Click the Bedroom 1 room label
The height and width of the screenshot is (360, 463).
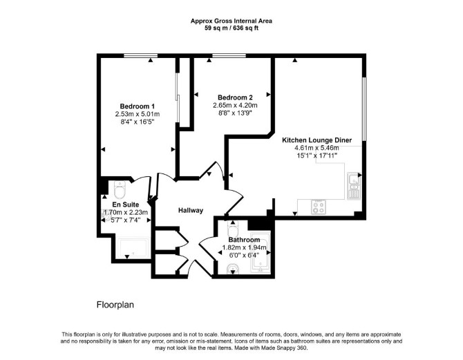(x=138, y=106)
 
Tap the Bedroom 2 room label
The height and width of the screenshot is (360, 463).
(x=235, y=97)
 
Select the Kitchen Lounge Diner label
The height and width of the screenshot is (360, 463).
(x=316, y=140)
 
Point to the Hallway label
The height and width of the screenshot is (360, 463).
(x=191, y=211)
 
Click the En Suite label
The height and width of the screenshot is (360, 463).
(x=126, y=205)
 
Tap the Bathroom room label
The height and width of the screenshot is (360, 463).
(x=244, y=240)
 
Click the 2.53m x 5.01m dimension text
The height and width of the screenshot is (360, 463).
(x=138, y=114)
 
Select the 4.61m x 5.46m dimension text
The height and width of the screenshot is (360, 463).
(x=316, y=148)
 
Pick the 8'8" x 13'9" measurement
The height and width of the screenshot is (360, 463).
(x=235, y=113)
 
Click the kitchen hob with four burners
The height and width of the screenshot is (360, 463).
(x=319, y=207)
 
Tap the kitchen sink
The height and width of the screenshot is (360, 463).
(x=354, y=186)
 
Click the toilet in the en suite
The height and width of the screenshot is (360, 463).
(x=120, y=189)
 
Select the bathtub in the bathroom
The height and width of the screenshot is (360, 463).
(x=260, y=252)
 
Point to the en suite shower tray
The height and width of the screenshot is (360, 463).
(x=133, y=249)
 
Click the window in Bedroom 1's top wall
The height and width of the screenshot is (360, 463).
(x=140, y=55)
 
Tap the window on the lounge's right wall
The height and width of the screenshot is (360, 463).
(x=364, y=109)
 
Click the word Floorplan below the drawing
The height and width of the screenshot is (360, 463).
(x=115, y=305)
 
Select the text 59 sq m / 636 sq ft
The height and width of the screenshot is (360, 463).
(x=231, y=28)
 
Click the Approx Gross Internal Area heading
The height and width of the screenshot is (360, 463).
(x=231, y=21)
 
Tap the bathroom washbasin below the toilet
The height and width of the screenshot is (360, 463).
(x=233, y=269)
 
